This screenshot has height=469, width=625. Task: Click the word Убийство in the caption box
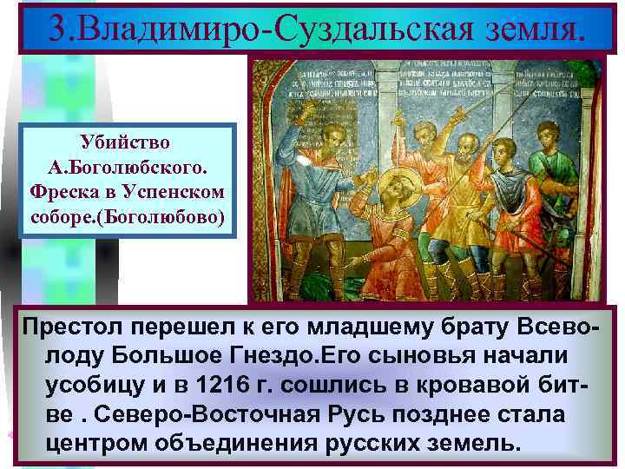[x=126, y=141]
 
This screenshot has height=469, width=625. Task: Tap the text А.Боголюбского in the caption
[x=126, y=164]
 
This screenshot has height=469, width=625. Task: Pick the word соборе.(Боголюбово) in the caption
[x=126, y=213]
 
